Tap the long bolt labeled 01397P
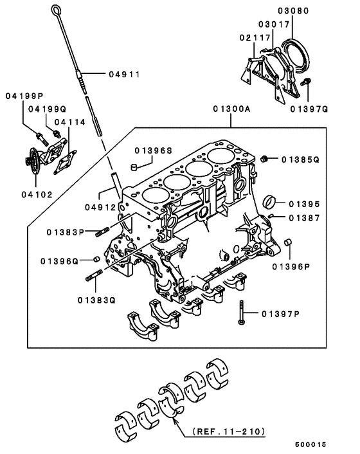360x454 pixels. point(242,313)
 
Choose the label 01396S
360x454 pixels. point(154,150)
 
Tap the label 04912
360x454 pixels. point(99,207)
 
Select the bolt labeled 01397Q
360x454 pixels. point(308,82)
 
